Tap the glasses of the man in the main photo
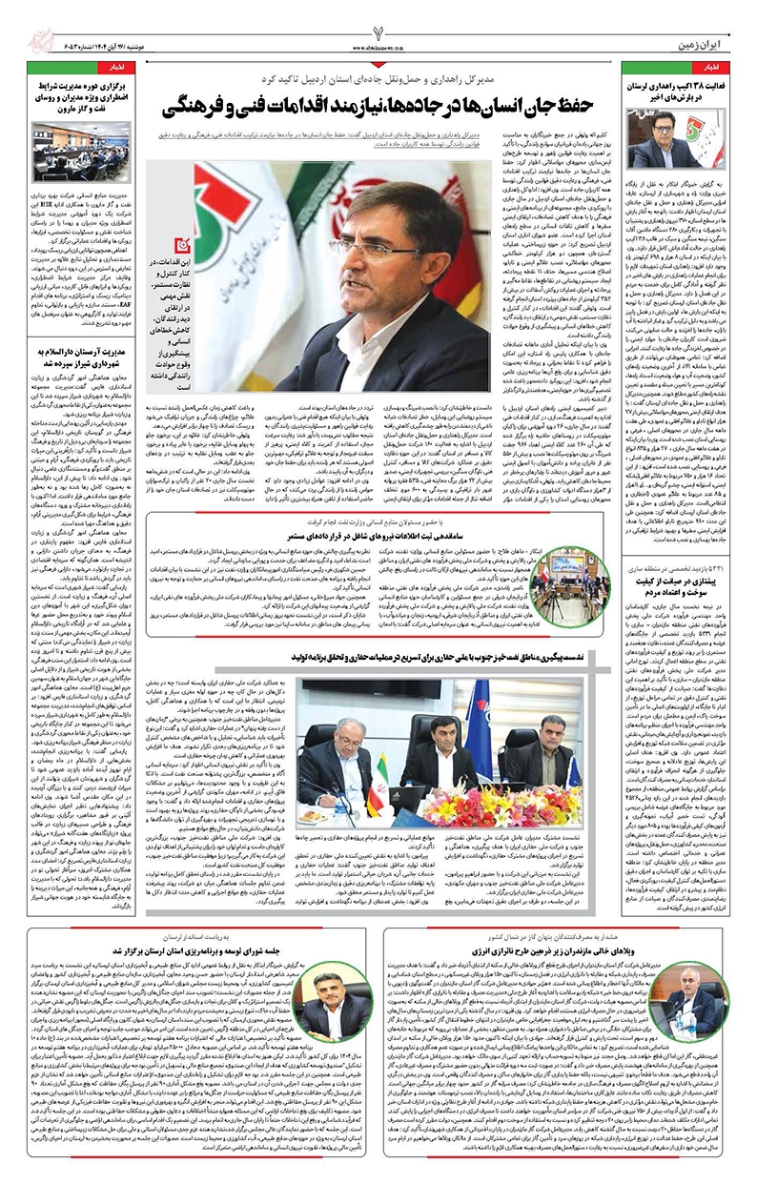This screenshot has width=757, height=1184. (x=381, y=247)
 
